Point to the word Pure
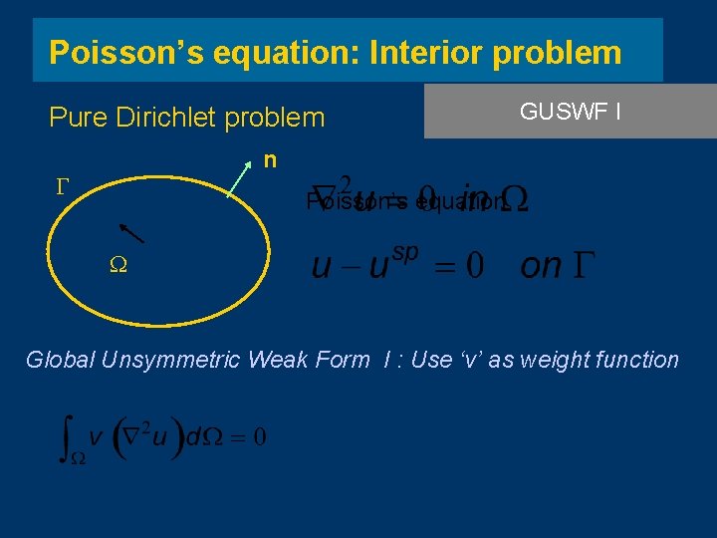[77, 118]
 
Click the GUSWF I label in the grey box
[571, 111]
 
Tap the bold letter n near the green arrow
[270, 159]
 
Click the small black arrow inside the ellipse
[132, 232]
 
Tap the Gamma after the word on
[583, 266]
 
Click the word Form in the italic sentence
[341, 360]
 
